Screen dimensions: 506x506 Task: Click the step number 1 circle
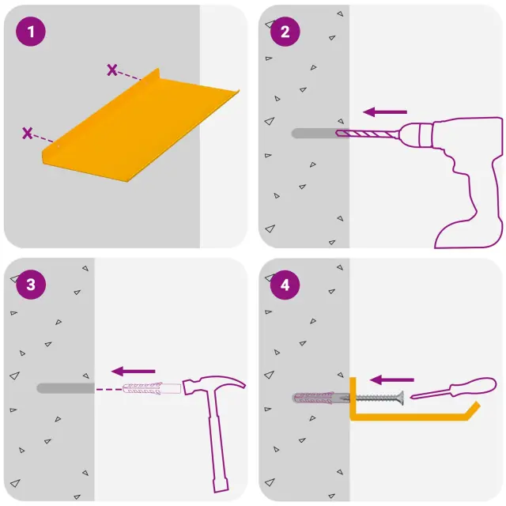(x=31, y=32)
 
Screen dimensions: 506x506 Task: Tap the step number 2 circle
(x=285, y=32)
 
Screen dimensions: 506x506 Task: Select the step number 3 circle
(x=31, y=285)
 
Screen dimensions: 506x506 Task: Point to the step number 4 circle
(x=285, y=285)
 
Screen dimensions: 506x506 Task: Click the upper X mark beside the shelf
(x=112, y=70)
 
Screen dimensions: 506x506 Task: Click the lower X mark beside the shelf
(x=28, y=133)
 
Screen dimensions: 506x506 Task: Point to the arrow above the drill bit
(x=385, y=112)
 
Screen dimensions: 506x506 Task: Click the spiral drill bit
(x=367, y=134)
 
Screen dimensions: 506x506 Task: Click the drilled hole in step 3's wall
(x=66, y=388)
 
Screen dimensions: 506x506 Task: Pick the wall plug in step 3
(x=152, y=388)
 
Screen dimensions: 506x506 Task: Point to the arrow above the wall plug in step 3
(x=134, y=372)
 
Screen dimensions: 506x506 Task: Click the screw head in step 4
(x=401, y=398)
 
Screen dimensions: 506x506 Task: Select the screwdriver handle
(x=474, y=386)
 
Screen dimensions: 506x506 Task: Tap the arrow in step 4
(x=392, y=379)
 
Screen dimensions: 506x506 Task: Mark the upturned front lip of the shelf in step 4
(x=474, y=410)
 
